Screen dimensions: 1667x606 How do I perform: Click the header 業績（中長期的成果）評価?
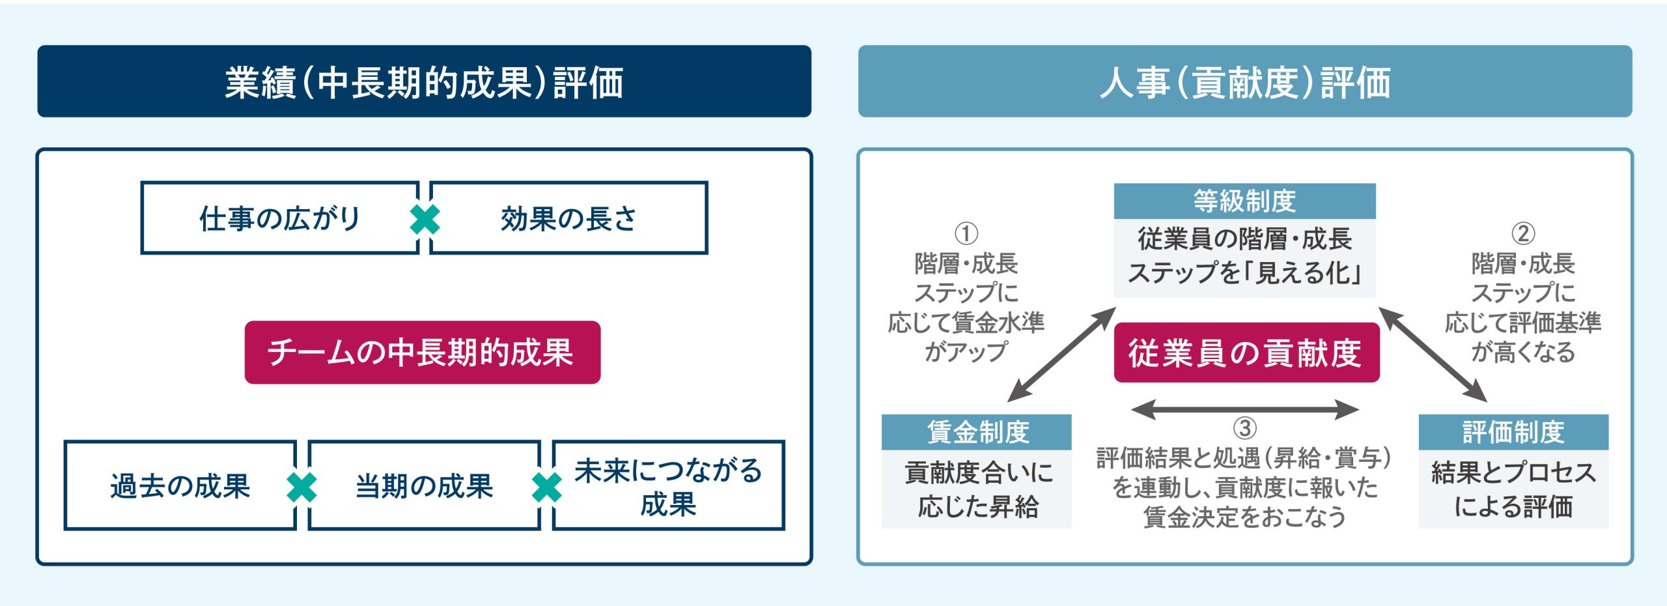click(424, 81)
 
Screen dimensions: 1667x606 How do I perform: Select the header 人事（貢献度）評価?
click(1245, 81)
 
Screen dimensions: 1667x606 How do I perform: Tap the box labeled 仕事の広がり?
click(280, 218)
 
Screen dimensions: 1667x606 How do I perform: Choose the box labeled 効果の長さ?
click(568, 218)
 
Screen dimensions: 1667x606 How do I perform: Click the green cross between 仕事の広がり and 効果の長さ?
click(425, 219)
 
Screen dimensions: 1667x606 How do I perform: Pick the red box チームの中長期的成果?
click(423, 353)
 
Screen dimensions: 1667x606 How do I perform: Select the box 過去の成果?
click(180, 485)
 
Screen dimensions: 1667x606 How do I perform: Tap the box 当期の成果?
click(425, 485)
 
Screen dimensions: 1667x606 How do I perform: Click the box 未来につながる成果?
click(669, 485)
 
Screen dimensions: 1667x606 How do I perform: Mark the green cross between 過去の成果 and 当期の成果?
click(302, 487)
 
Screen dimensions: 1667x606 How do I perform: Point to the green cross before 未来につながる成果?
click(547, 487)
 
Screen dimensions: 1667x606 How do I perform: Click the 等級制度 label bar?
click(1244, 201)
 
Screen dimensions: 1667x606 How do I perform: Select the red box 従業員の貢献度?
click(1246, 353)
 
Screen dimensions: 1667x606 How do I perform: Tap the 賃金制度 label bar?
click(977, 432)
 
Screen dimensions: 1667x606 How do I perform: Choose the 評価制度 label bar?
click(1513, 432)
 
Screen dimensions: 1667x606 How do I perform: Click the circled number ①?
click(966, 233)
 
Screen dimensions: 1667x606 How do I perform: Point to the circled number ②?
click(1523, 233)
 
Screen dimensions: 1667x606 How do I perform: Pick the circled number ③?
click(1245, 428)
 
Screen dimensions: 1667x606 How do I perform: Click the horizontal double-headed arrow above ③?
click(1245, 409)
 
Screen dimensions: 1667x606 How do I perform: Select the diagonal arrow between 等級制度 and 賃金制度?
click(1061, 354)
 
